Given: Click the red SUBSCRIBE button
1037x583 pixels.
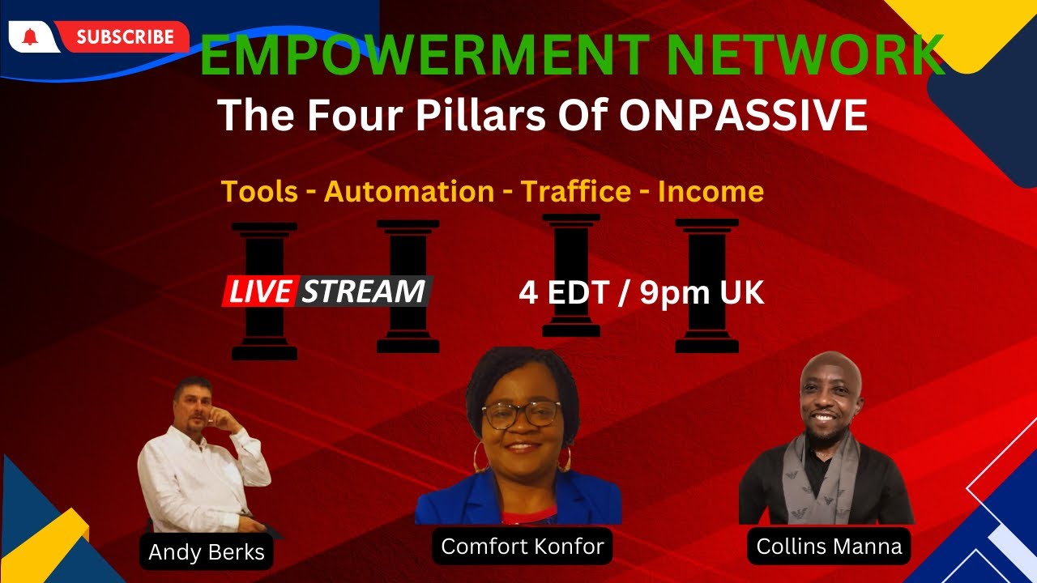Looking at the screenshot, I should tap(126, 36).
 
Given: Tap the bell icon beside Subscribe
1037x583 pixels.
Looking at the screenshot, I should tap(30, 36).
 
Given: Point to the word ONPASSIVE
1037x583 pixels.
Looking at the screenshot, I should tap(743, 117).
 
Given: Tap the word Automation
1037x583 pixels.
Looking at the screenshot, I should tap(408, 192).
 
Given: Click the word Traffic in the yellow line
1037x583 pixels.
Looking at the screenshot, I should tap(575, 192).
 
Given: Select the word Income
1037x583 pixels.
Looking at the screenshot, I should tap(711, 192).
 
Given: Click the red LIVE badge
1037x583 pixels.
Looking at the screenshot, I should tap(260, 291).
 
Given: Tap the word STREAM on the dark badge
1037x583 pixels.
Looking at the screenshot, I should tap(364, 291).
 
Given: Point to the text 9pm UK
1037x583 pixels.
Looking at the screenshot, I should tap(702, 293).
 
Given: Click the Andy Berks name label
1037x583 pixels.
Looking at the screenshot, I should tap(207, 552).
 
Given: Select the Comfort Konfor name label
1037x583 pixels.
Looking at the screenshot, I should tap(523, 547).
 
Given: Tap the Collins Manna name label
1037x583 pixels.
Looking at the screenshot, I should tap(829, 547).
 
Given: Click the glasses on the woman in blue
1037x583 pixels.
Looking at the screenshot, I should tap(521, 415).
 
